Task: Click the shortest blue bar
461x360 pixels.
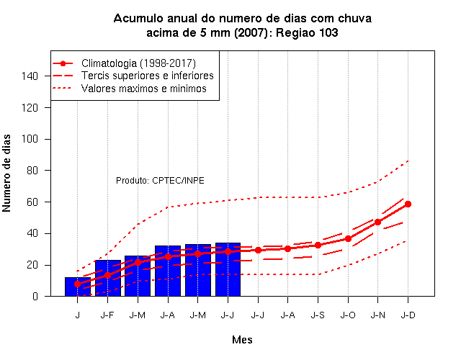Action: click(78, 287)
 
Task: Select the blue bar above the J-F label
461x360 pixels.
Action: click(108, 278)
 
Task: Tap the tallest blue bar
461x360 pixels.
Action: click(228, 269)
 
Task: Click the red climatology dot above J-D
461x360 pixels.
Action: click(408, 204)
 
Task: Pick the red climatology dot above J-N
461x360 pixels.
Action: click(377, 222)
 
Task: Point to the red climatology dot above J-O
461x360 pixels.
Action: click(348, 238)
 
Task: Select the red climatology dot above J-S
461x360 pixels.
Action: click(318, 245)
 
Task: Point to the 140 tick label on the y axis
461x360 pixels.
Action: click(30, 76)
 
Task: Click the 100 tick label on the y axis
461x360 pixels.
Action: click(30, 139)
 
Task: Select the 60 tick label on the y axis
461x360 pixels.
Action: click(32, 202)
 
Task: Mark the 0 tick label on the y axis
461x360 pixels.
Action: click(35, 296)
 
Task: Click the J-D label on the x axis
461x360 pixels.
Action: click(408, 315)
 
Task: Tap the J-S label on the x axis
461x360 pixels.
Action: click(318, 315)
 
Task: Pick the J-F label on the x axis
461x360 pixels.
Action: click(107, 315)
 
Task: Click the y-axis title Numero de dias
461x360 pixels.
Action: click(6, 173)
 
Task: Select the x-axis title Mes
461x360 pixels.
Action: click(242, 340)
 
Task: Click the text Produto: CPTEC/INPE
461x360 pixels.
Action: click(160, 181)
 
